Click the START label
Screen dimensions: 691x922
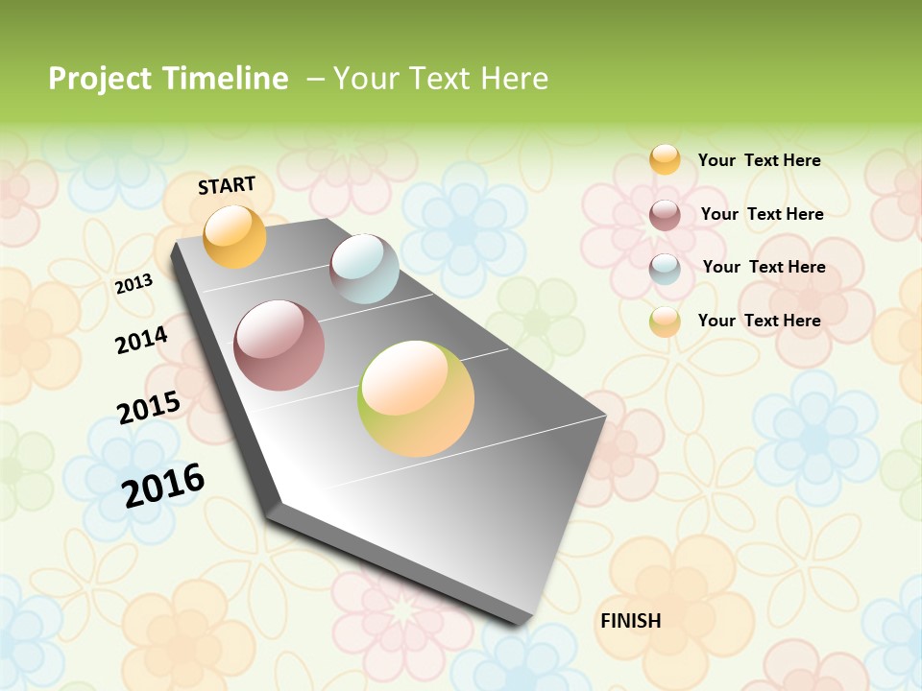[227, 185]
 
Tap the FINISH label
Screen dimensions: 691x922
[631, 621]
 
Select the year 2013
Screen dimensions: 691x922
[133, 284]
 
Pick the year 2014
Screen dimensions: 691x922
[141, 340]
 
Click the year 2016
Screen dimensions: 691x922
[163, 485]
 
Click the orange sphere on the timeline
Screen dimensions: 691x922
[235, 236]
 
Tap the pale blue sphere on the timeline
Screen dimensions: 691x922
[364, 269]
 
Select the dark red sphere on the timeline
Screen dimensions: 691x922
[279, 345]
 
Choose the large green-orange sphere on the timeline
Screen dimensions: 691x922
[416, 398]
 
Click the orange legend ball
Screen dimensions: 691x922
[665, 159]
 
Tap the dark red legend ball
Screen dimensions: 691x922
[665, 215]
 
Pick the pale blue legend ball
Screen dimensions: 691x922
[665, 269]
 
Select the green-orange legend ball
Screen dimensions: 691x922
[665, 322]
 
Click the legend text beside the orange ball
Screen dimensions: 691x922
[759, 160]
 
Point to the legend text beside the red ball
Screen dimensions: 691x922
[762, 214]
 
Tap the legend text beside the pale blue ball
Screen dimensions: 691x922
[764, 267]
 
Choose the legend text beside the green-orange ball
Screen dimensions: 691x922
[759, 321]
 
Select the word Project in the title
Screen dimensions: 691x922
[100, 79]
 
